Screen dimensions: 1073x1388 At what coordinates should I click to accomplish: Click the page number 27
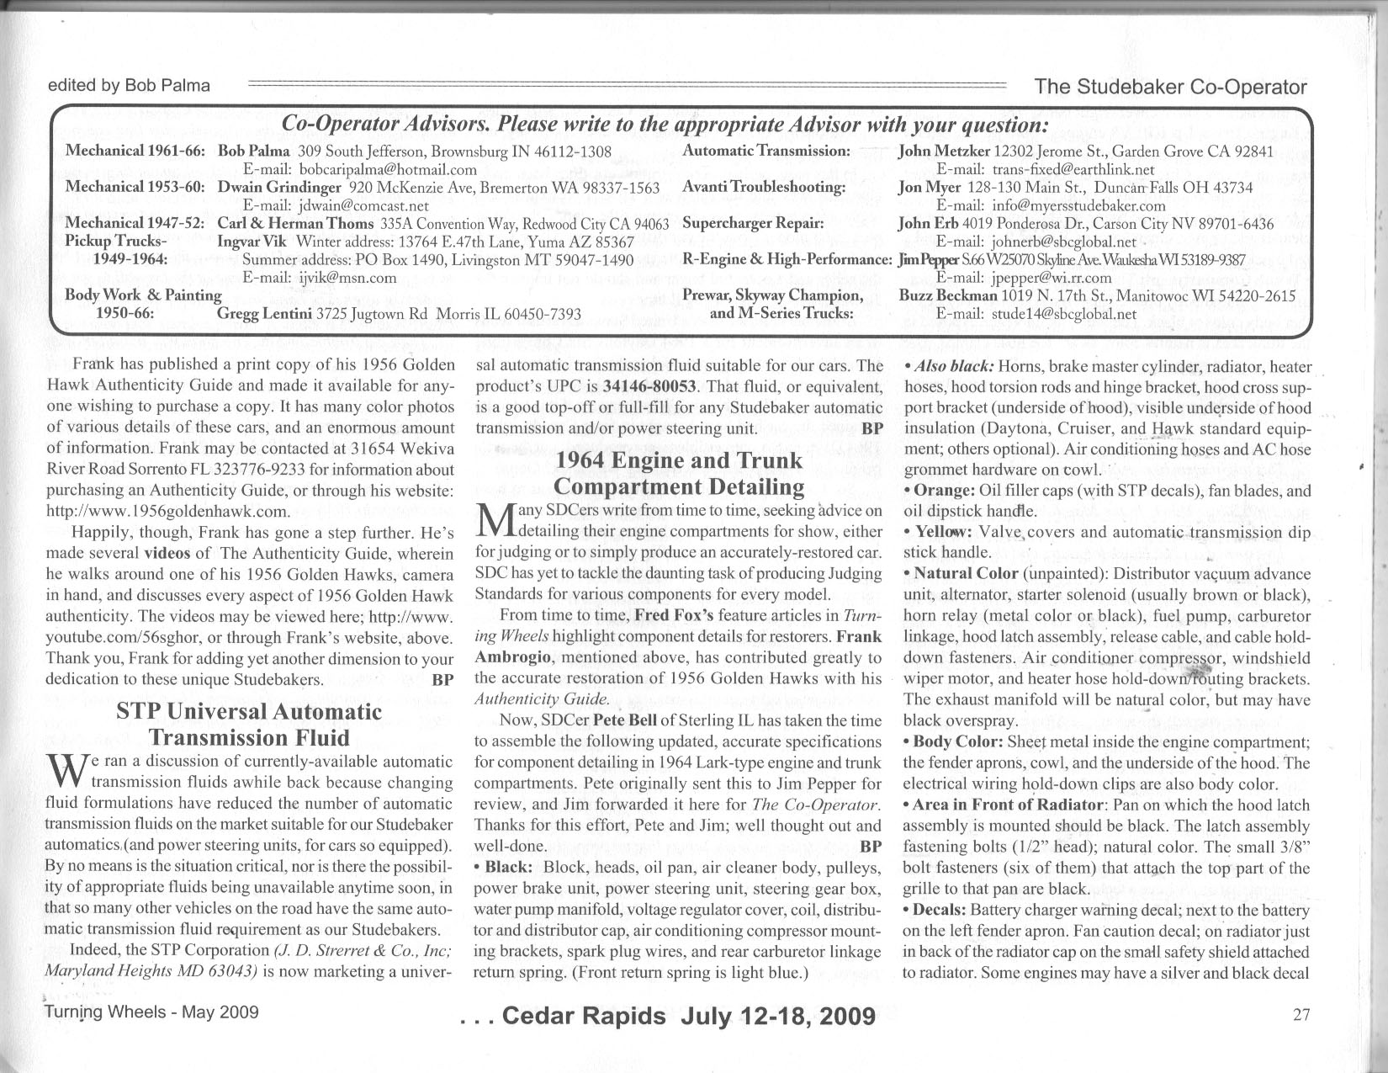tap(1301, 1014)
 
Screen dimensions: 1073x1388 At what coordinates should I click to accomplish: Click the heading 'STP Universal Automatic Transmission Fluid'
tap(249, 725)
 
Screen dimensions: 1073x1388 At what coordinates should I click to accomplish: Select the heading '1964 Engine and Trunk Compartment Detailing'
tap(679, 474)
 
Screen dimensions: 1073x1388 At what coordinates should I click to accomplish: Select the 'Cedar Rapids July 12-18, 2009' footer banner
tap(669, 1016)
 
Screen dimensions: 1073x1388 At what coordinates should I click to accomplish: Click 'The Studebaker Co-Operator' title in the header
tap(1171, 87)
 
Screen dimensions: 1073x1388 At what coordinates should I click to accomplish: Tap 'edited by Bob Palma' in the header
tap(129, 85)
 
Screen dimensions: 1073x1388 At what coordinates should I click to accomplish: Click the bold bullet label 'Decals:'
tap(940, 910)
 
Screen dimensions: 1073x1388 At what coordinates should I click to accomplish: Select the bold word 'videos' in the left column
tap(167, 554)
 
